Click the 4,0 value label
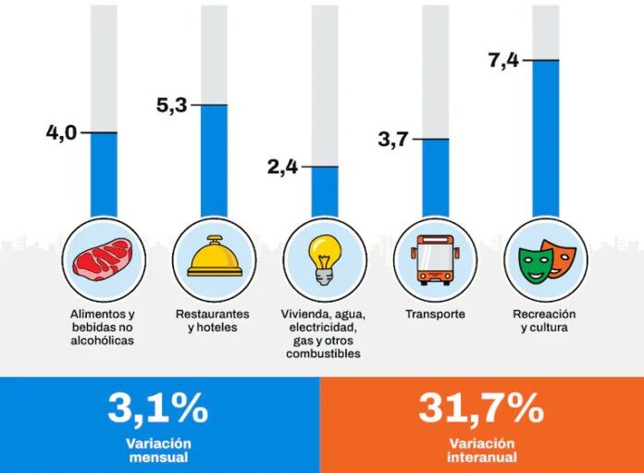(62, 133)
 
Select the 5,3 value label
(172, 105)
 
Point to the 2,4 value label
(283, 167)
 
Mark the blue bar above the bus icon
(436, 177)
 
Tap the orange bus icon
(435, 258)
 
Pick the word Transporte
(435, 315)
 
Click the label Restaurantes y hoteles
(214, 320)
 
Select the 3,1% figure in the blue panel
(158, 407)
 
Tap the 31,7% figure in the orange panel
(480, 407)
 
